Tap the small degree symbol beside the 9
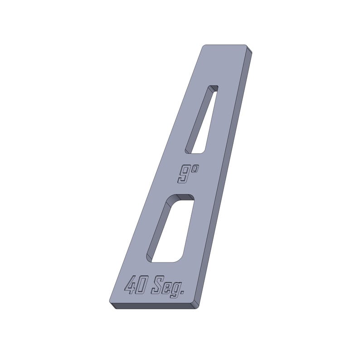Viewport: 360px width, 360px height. (195, 169)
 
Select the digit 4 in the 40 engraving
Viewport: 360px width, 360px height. (130, 285)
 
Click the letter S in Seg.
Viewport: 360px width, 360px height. (158, 286)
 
